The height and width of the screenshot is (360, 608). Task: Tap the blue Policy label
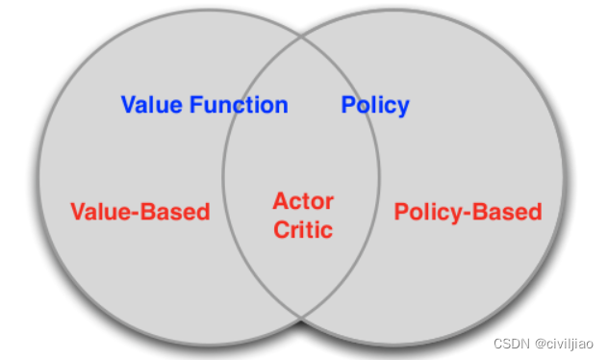coord(375,105)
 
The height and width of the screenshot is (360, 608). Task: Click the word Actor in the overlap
coord(303,201)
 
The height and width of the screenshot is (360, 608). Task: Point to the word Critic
coord(303,230)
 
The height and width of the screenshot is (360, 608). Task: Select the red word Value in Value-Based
coord(100,212)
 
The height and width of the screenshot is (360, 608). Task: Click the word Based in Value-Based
coord(175,212)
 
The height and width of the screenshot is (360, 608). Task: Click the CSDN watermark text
coord(511,344)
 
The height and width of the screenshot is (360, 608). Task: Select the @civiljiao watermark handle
coord(568,344)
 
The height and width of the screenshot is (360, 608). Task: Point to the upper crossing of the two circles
coord(303,42)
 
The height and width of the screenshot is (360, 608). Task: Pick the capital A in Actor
coord(280,201)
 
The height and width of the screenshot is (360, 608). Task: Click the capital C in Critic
coord(280,230)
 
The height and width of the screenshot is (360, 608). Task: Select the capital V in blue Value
coord(129,105)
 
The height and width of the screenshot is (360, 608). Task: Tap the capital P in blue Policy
coord(348,105)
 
